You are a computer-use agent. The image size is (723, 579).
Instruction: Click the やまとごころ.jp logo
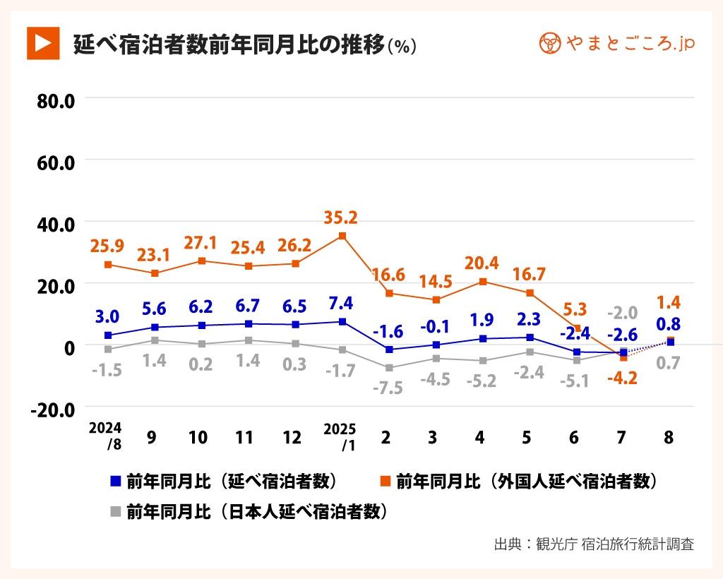tap(616, 44)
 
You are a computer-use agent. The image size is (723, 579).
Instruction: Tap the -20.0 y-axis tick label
tap(53, 409)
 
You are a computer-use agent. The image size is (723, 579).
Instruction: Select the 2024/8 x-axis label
tap(105, 436)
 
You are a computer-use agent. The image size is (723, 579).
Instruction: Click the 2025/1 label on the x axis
tap(340, 436)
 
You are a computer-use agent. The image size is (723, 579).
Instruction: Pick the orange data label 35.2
tap(340, 217)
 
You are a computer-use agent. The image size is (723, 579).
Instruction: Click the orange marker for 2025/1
tap(342, 236)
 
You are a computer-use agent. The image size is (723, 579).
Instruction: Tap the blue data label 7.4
tap(340, 304)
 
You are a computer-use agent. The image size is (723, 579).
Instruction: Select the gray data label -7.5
tap(387, 387)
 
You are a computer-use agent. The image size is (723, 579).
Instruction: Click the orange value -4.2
tap(622, 378)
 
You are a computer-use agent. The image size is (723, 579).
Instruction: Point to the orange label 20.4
tap(482, 263)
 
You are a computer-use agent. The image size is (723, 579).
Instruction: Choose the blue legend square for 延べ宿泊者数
tap(116, 482)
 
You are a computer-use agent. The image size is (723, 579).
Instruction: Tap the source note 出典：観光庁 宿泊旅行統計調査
tap(594, 544)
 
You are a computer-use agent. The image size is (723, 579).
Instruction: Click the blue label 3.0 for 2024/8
tap(107, 316)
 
